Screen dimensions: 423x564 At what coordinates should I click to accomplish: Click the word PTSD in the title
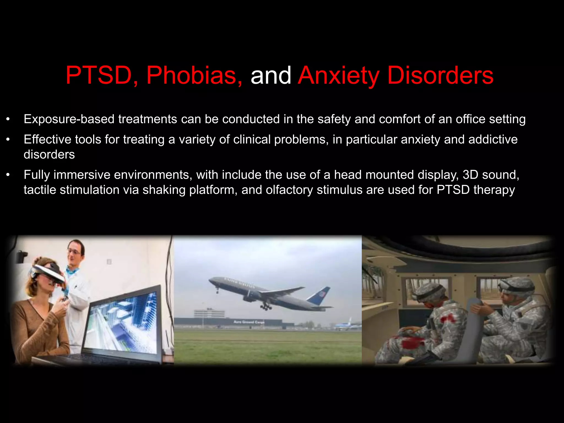coord(98,75)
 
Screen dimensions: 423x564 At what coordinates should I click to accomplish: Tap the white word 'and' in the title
coord(270,75)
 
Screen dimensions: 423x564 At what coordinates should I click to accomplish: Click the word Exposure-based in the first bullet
coord(69,119)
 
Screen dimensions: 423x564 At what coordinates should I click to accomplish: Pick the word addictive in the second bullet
coord(493,139)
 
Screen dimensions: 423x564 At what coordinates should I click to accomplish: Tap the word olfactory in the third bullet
coord(289,190)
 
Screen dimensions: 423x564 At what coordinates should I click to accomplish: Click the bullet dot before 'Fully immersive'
coord(8,175)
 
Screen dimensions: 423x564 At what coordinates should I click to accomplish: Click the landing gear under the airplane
coord(266,307)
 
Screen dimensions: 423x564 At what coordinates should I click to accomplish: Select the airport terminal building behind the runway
coord(229,322)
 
